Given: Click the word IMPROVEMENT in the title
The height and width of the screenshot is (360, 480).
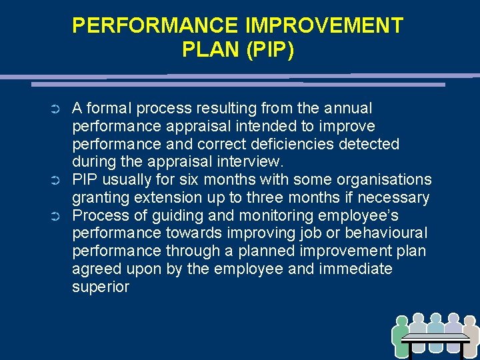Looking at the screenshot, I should pyautogui.click(x=323, y=26).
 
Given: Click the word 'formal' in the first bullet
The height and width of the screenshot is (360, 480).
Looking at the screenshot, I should pyautogui.click(x=109, y=108).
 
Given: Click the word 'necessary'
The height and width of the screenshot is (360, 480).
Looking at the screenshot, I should pyautogui.click(x=395, y=198).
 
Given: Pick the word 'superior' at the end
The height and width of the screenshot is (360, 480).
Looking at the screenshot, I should pyautogui.click(x=101, y=287).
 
